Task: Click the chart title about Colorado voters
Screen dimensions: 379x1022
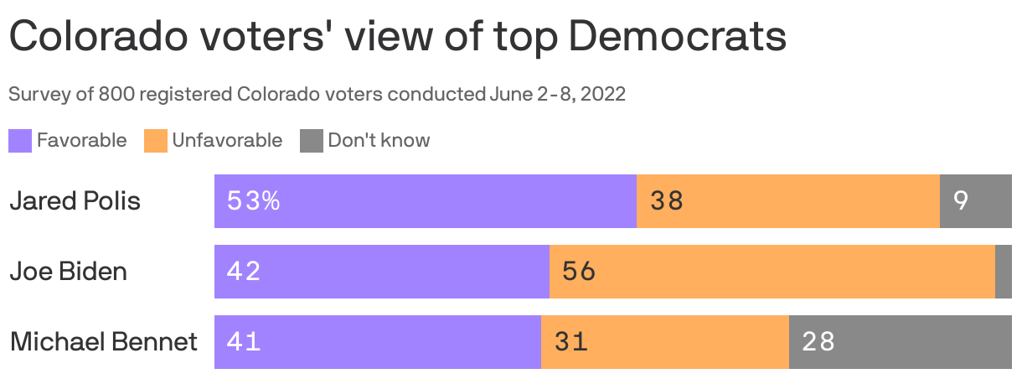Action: click(397, 38)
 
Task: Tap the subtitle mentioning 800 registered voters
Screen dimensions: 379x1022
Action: click(317, 95)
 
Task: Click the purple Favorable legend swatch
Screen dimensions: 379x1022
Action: click(20, 141)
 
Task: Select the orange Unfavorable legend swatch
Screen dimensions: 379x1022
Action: click(156, 141)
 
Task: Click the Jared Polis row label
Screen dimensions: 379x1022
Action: click(75, 201)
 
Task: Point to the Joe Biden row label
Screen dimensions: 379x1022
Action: click(68, 272)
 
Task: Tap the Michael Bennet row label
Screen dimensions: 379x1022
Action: click(104, 342)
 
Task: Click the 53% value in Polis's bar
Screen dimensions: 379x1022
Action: click(253, 201)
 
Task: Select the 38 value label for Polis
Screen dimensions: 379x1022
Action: click(667, 201)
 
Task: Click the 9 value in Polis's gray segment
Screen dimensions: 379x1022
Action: click(961, 201)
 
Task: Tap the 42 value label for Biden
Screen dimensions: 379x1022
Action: click(244, 272)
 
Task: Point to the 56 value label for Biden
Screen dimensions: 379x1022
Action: click(579, 272)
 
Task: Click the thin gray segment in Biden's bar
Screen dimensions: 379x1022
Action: click(1003, 272)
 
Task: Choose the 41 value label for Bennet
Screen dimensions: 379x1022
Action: click(244, 342)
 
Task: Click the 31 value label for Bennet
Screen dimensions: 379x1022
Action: click(570, 342)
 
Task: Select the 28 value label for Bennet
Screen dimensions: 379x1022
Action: click(818, 342)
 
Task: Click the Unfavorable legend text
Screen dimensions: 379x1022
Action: click(227, 141)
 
